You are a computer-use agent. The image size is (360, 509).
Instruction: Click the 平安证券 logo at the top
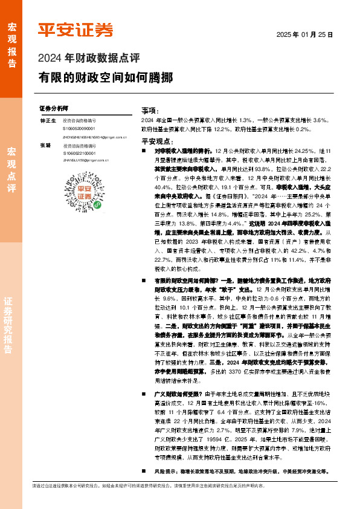(x=76, y=30)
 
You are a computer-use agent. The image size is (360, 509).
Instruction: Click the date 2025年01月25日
(x=304, y=35)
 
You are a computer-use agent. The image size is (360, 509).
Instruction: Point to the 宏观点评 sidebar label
(x=11, y=169)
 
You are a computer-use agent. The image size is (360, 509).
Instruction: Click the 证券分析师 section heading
(x=54, y=108)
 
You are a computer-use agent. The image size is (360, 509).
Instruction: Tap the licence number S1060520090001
(x=79, y=129)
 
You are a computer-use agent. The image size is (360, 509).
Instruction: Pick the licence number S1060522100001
(x=79, y=154)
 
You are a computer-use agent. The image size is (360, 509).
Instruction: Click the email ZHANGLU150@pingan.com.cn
(x=85, y=161)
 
